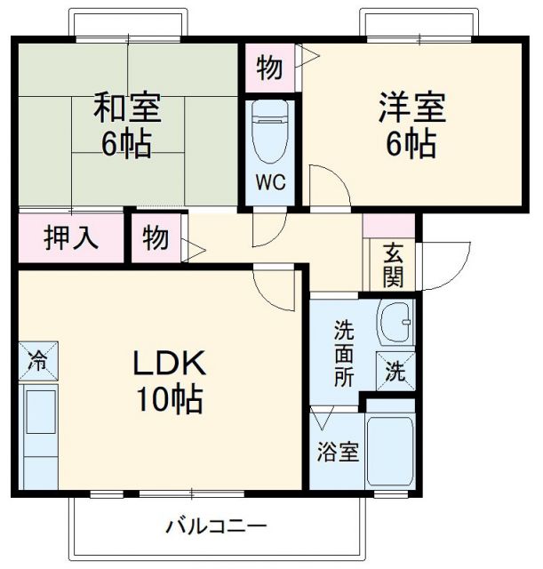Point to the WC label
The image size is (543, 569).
point(272,183)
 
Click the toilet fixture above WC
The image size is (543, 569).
point(271,132)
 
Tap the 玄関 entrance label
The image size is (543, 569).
point(393,264)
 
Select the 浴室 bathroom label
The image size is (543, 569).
point(339,451)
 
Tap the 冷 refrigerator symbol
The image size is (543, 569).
point(37,362)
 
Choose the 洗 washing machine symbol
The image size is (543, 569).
point(395,372)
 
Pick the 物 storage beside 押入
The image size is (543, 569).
point(156,238)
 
